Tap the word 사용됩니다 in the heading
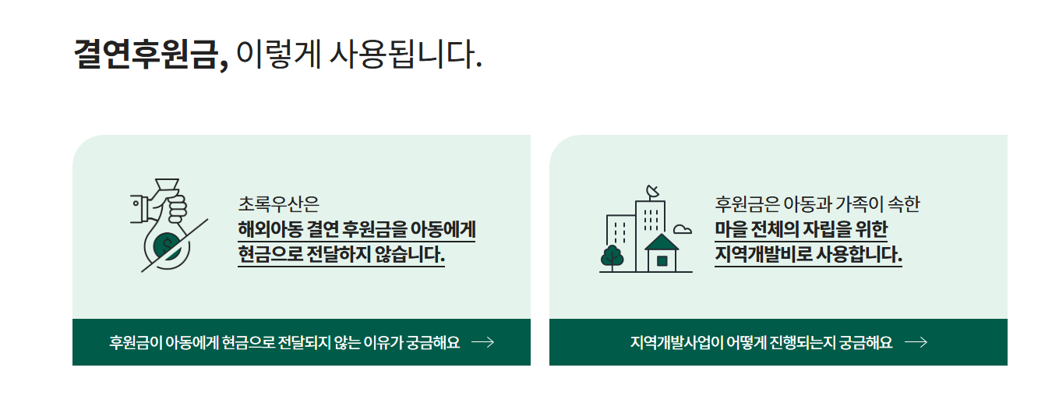point(405,55)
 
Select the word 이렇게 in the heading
point(278,55)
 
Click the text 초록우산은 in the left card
point(278,204)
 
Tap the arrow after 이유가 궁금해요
point(482,342)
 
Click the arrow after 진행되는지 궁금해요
point(916,342)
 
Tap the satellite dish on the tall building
point(653,192)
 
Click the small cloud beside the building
point(682,229)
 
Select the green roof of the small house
point(662,242)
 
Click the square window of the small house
point(662,261)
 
